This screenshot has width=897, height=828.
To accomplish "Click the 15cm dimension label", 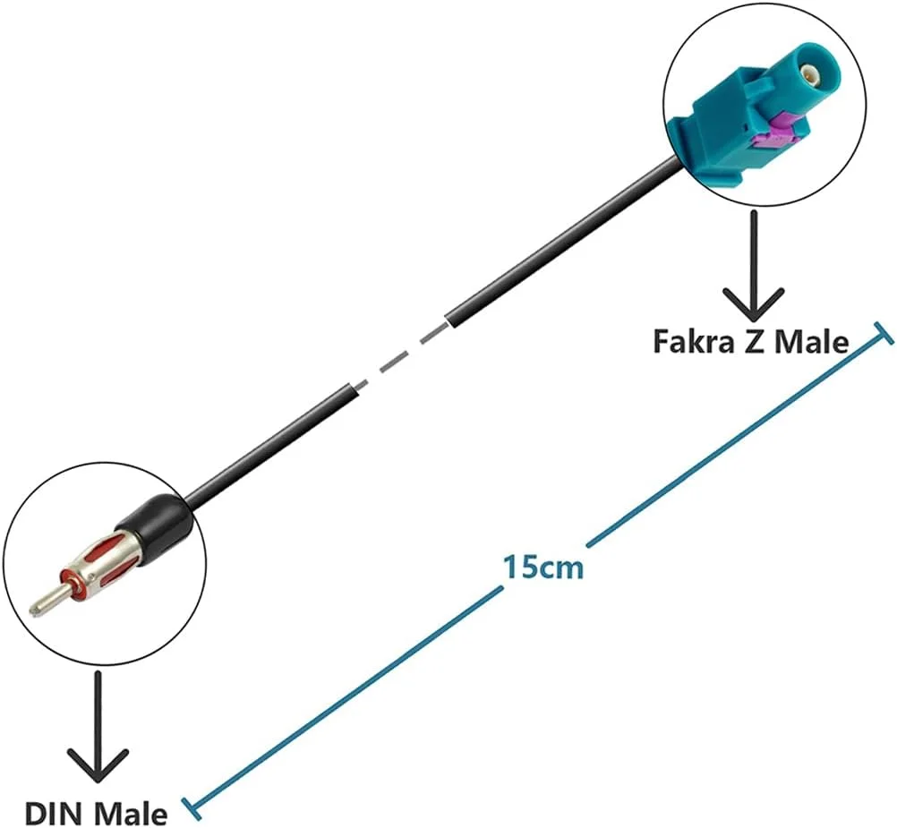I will point(542,567).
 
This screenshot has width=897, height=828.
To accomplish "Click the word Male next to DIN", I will point(131,815).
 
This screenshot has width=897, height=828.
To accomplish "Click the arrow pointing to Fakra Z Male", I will point(752,269).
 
